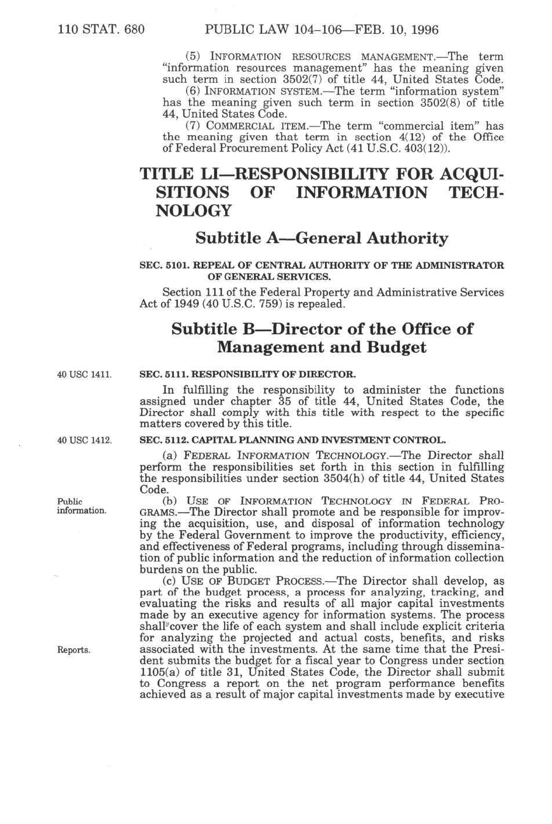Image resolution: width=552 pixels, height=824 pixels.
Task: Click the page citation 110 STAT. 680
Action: pos(101,29)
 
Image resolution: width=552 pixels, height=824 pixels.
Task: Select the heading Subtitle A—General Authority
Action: pos(322,238)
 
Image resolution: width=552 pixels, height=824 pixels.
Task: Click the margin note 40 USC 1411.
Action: pos(84,374)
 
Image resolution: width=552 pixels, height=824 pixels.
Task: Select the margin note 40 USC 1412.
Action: pos(84,440)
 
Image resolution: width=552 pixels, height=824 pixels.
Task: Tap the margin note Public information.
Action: pos(81,506)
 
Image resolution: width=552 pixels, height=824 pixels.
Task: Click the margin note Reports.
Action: pos(74,650)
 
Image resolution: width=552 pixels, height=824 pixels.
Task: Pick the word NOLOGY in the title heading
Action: pos(193,211)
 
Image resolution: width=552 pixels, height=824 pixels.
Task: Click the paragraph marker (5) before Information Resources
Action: pos(193,57)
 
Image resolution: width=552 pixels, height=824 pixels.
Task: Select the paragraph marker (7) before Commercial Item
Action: pos(193,125)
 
